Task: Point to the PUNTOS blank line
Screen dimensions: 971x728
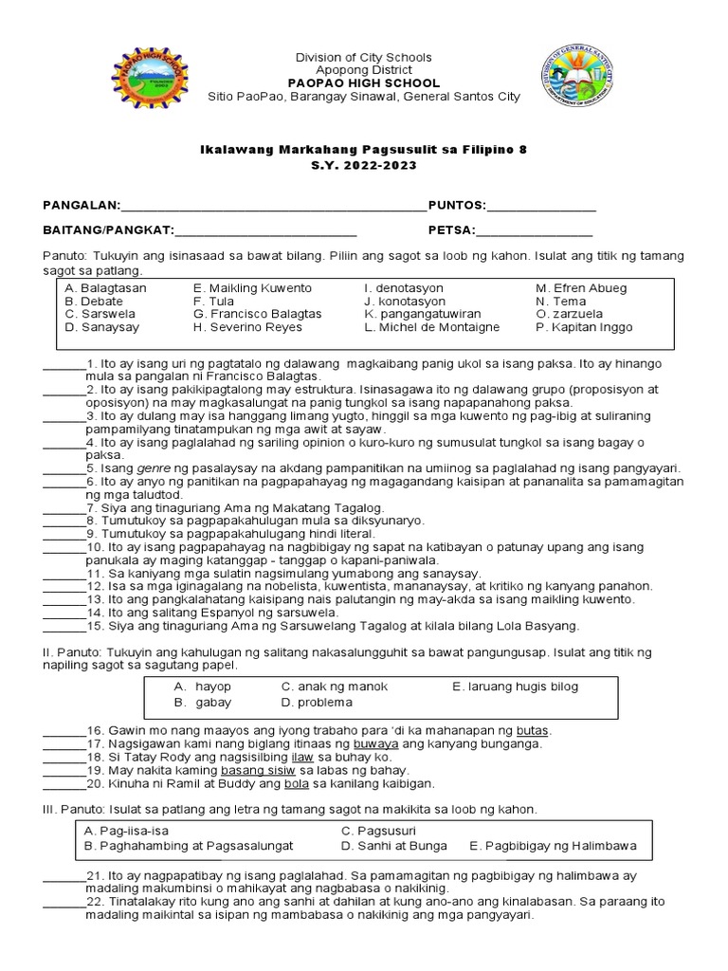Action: (541, 207)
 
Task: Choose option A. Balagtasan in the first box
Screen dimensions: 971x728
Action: (106, 287)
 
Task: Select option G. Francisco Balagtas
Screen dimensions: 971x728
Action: (257, 314)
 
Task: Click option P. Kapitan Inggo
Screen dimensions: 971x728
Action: (584, 327)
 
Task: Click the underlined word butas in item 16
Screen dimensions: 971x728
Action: (533, 731)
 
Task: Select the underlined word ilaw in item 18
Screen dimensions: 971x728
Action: (302, 758)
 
